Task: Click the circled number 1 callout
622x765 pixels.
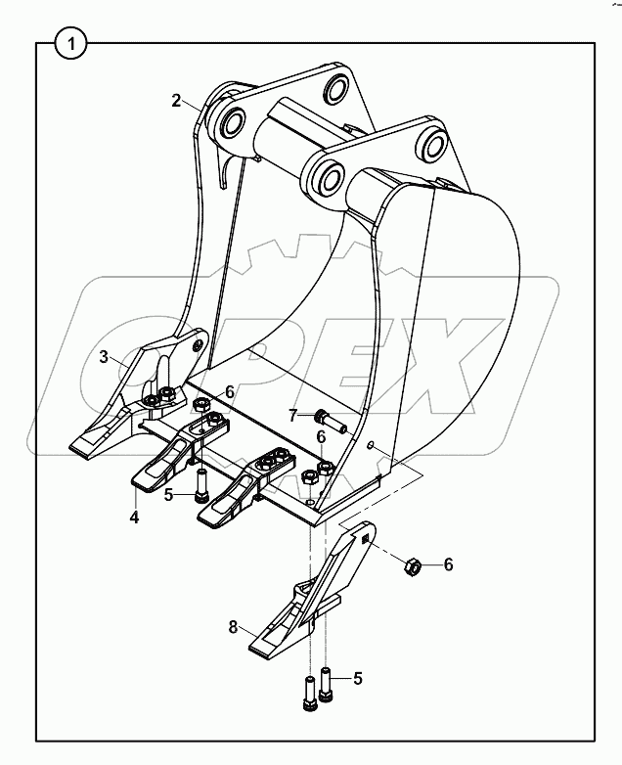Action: [69, 44]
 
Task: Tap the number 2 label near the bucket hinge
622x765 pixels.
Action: [176, 101]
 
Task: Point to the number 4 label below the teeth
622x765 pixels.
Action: [134, 516]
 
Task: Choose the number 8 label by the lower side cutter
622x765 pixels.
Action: [233, 627]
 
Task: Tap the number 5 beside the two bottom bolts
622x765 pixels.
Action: [358, 677]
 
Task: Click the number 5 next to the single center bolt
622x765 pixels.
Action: [168, 495]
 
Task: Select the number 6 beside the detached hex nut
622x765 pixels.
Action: [448, 564]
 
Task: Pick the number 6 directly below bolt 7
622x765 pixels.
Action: [321, 436]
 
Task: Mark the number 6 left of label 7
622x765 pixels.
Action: [229, 391]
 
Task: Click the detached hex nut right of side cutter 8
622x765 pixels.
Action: [413, 564]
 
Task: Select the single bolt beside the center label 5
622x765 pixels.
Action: [201, 486]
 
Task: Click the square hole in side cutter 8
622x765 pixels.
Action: [365, 538]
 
